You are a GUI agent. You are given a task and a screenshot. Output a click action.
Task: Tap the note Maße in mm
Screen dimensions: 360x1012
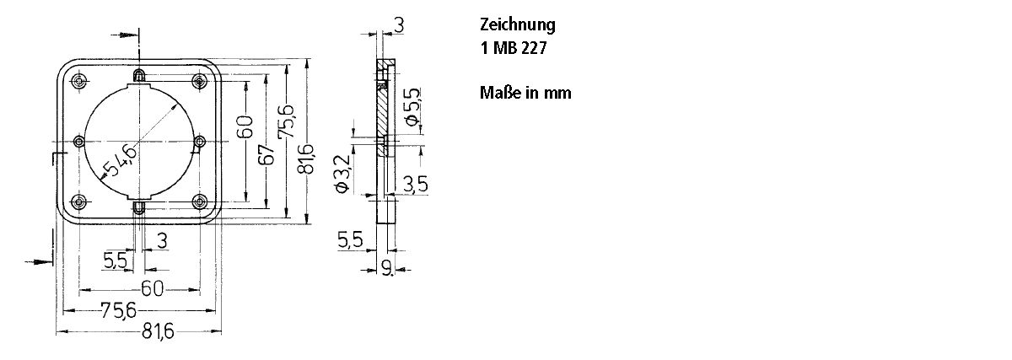525,93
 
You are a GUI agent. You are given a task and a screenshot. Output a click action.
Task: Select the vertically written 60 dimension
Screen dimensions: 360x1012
245,130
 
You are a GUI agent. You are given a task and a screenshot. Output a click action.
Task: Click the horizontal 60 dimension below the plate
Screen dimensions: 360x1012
152,288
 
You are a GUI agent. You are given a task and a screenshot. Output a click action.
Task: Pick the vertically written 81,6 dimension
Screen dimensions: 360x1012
307,160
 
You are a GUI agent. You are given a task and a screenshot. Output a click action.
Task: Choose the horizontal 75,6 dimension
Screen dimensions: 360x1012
118,310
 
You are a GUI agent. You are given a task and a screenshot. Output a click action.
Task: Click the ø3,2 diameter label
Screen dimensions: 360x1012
342,174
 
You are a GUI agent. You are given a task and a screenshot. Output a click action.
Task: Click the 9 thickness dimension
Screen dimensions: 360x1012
387,268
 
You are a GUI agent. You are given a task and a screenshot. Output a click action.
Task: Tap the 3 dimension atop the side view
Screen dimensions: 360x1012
398,25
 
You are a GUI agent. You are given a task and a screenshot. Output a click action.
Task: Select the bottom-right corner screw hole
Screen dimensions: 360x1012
200,201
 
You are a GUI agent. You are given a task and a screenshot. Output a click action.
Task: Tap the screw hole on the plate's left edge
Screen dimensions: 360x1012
79,141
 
